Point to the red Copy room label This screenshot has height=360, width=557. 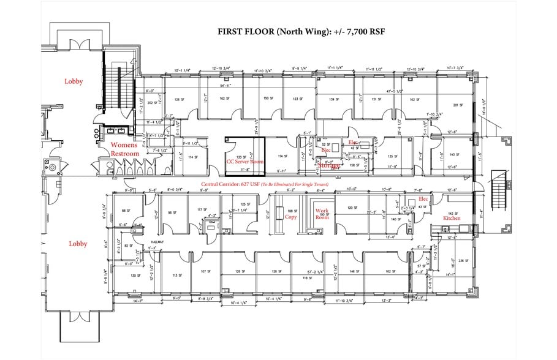(x=290, y=217)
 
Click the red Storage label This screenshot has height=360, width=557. (x=329, y=165)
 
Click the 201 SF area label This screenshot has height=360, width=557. (x=456, y=105)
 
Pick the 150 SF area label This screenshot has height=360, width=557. (x=268, y=99)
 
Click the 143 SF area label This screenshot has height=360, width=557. (x=454, y=154)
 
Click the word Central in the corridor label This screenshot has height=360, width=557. (x=212, y=184)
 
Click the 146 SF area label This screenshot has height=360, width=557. (x=354, y=271)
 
